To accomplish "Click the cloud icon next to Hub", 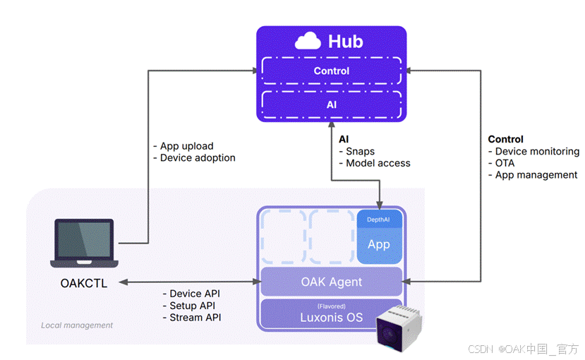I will (x=308, y=42).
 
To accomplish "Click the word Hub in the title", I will (x=346, y=42).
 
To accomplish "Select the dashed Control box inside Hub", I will (x=331, y=71).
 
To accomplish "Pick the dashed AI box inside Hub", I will (x=331, y=104).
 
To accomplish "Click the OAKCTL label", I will (x=84, y=284).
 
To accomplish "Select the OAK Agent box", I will (x=331, y=282).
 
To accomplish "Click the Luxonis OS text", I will (x=331, y=317).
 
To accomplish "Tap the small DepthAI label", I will (x=378, y=220).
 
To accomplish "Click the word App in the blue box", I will (x=378, y=244).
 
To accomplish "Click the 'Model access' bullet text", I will (x=378, y=163).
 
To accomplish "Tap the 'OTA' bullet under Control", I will (x=505, y=163).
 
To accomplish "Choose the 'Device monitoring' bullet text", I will (x=536, y=151).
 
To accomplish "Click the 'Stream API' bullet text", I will (x=195, y=317).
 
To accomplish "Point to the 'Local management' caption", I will (x=77, y=325).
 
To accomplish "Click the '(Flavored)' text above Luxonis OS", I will (x=331, y=306).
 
